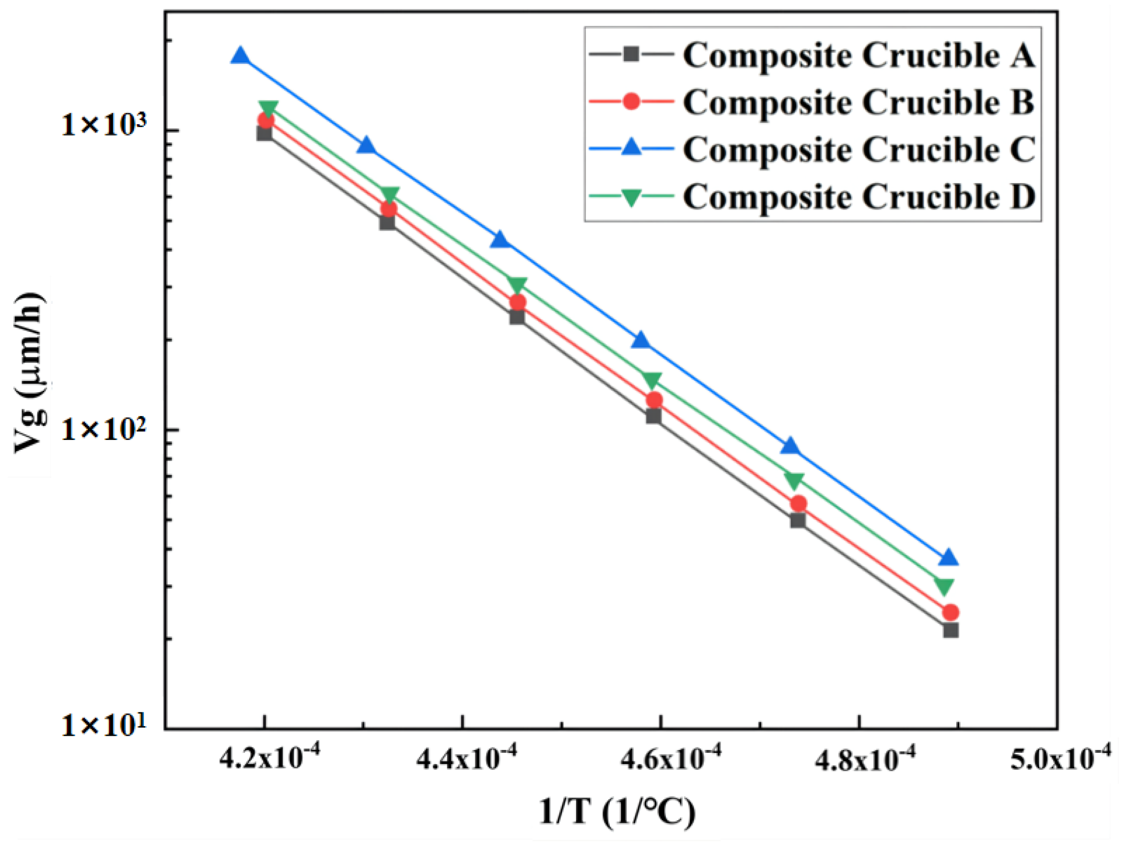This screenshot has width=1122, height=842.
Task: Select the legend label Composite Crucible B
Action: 858,102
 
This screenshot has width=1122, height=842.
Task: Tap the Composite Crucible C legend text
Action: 858,150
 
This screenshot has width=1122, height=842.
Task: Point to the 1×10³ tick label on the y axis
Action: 104,124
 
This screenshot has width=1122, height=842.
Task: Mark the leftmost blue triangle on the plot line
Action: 240,55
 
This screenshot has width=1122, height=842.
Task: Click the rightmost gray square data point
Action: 950,631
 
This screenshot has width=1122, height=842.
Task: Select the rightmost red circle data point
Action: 950,612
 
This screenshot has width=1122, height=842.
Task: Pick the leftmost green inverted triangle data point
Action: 268,108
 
